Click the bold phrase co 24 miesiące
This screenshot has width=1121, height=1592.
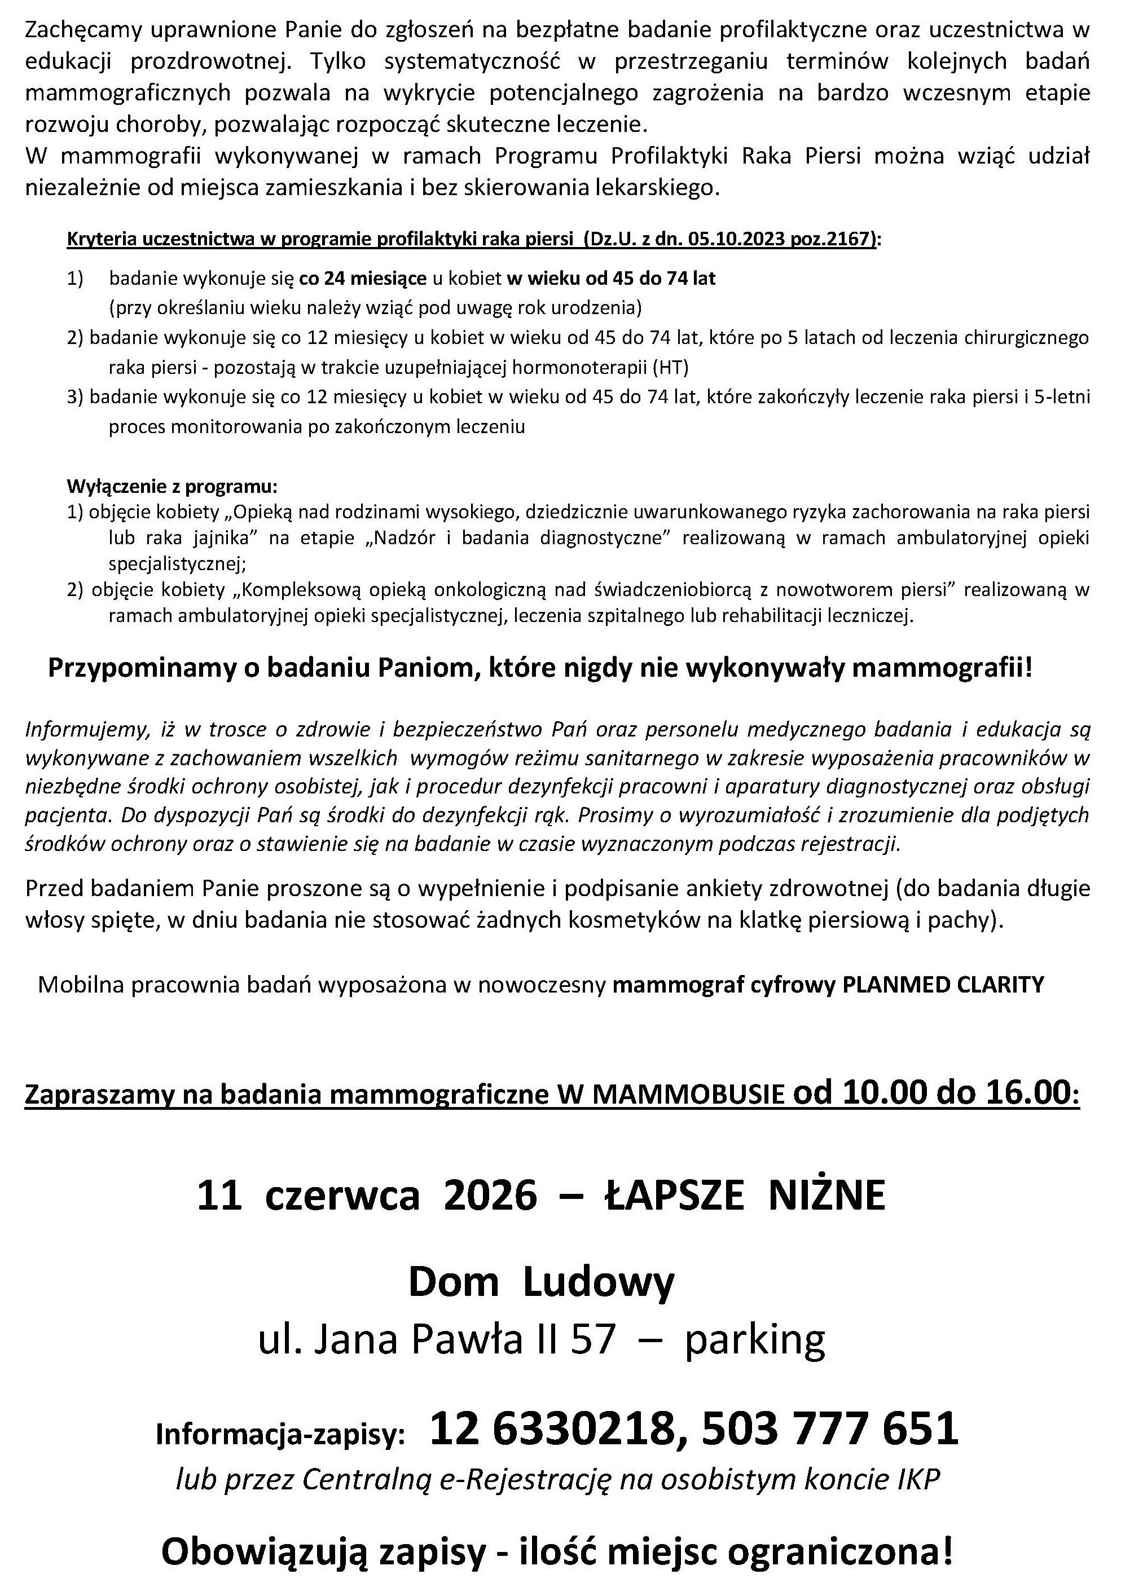[363, 279]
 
